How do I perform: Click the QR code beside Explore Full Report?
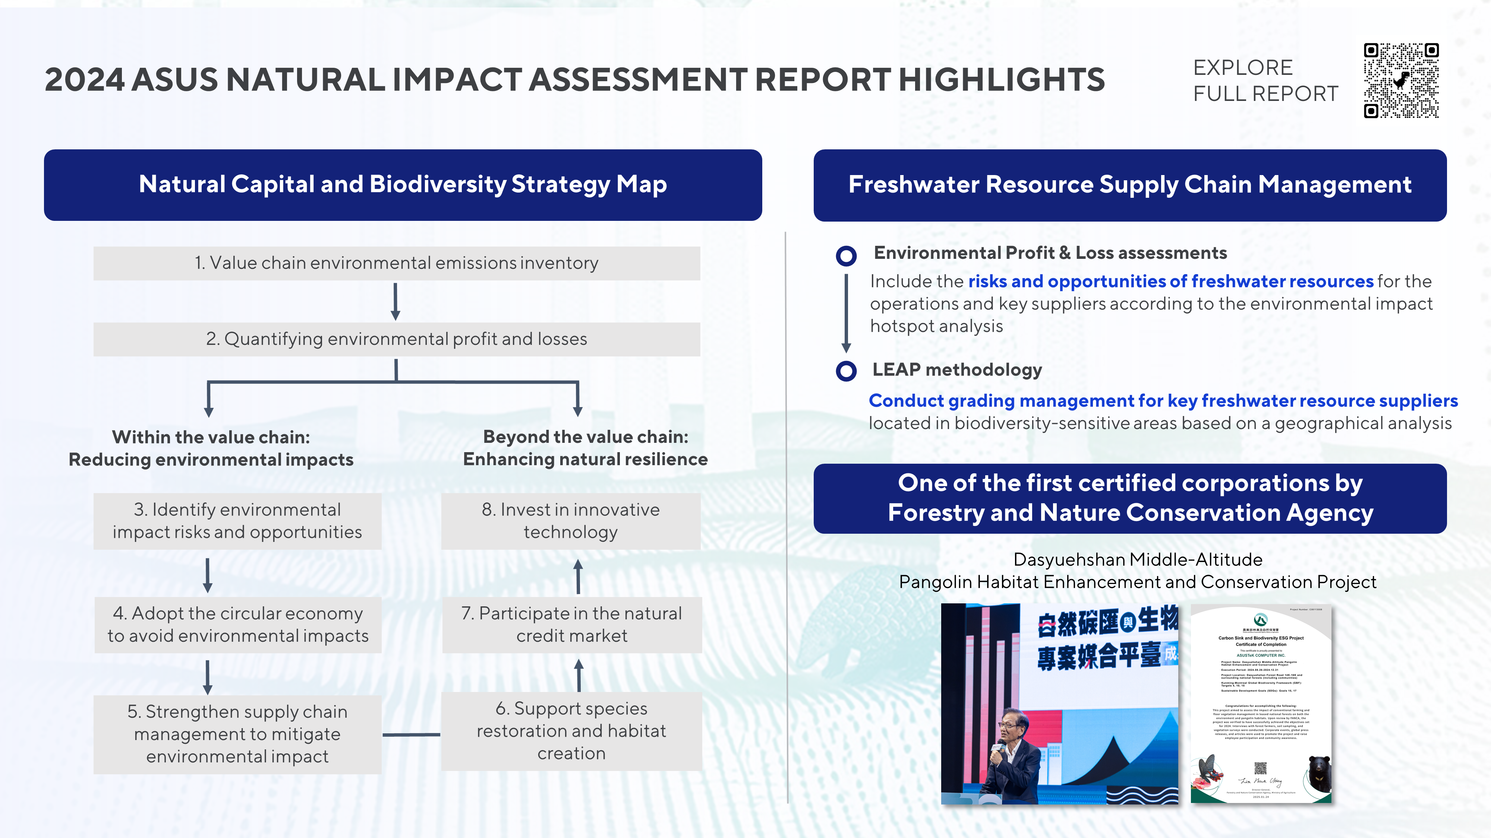pyautogui.click(x=1401, y=80)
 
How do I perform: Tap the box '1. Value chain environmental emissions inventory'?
pyautogui.click(x=397, y=263)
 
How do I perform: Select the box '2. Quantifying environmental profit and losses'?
pyautogui.click(x=397, y=339)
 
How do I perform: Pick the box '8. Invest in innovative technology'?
pyautogui.click(x=571, y=521)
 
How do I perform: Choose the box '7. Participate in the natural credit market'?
pyautogui.click(x=572, y=625)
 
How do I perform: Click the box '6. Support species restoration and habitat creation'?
pyautogui.click(x=572, y=731)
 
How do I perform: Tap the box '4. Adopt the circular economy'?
pyautogui.click(x=238, y=625)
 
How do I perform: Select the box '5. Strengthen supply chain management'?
pyautogui.click(x=237, y=734)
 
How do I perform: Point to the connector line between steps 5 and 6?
pyautogui.click(x=411, y=734)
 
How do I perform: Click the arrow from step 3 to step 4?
pyautogui.click(x=208, y=575)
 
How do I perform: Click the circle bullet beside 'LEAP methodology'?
pyautogui.click(x=846, y=371)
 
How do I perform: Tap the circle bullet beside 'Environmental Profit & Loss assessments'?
pyautogui.click(x=846, y=255)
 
